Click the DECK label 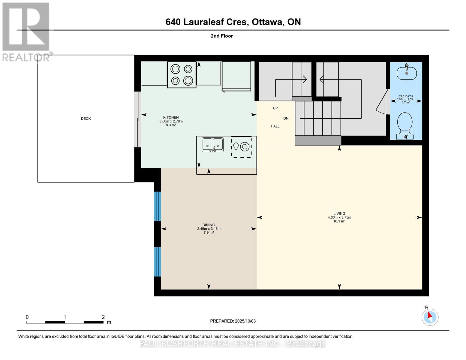86,118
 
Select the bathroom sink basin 407,73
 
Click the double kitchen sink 212,145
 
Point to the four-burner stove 182,75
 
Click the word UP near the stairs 275,108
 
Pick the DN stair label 286,118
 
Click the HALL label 275,126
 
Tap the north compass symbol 430,316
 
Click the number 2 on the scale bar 103,317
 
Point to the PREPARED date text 233,321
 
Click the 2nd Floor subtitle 222,36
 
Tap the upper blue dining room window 158,206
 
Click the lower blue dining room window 158,262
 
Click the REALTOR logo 26,32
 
